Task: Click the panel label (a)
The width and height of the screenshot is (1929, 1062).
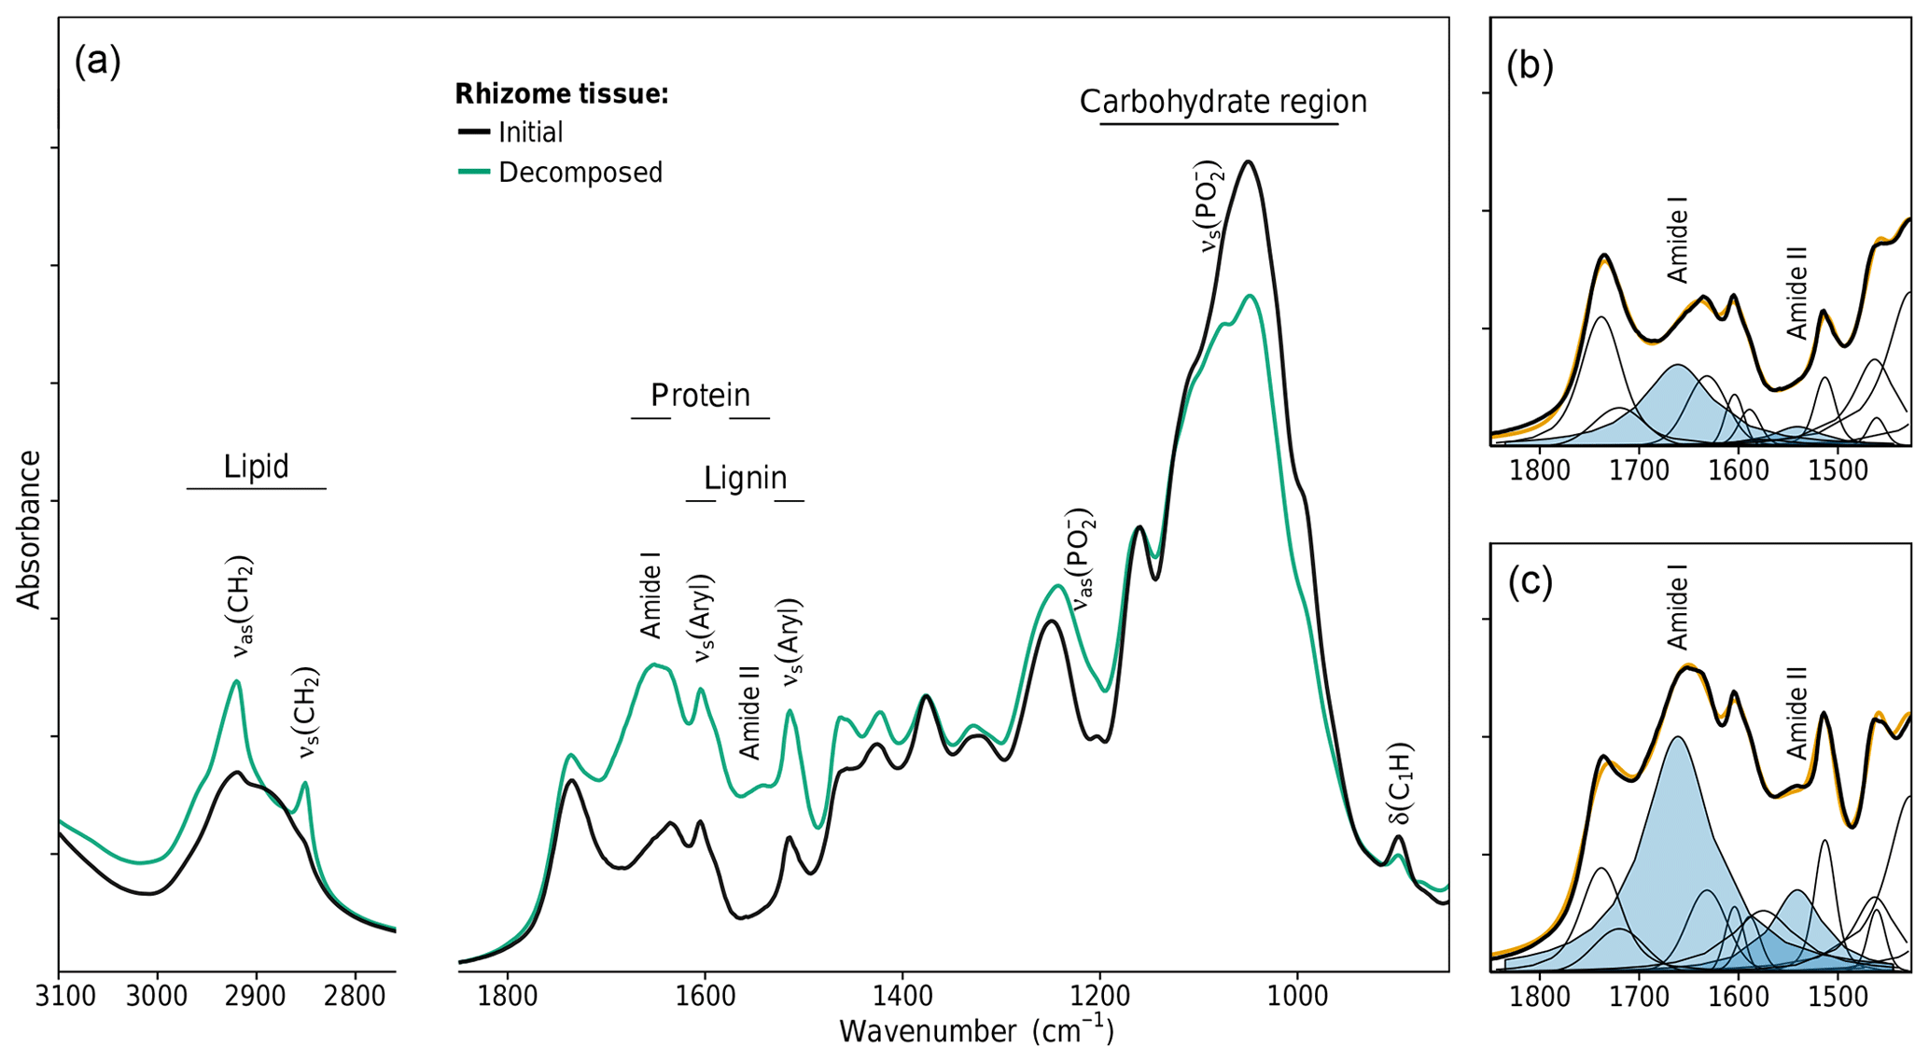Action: click(x=97, y=62)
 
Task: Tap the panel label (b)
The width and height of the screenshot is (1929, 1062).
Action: click(x=1530, y=66)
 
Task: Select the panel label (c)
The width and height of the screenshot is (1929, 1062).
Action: click(x=1530, y=581)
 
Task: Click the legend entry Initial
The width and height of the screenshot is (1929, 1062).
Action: click(x=530, y=133)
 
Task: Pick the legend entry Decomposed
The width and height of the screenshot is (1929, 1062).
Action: click(x=580, y=173)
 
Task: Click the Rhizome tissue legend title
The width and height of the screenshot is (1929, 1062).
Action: click(x=561, y=94)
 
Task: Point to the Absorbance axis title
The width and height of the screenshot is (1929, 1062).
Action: click(x=30, y=530)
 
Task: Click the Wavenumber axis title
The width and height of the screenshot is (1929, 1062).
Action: click(x=975, y=1031)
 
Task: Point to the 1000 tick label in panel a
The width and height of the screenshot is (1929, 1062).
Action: click(x=1297, y=997)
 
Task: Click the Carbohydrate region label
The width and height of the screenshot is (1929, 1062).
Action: click(x=1223, y=102)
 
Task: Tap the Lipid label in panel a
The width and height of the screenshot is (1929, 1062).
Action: click(x=256, y=467)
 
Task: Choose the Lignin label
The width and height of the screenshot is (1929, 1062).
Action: click(x=745, y=478)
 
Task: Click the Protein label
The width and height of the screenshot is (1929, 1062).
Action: click(x=700, y=396)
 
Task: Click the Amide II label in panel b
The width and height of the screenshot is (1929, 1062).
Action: click(x=1796, y=293)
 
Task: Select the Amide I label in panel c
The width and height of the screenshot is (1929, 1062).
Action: click(x=1677, y=612)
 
